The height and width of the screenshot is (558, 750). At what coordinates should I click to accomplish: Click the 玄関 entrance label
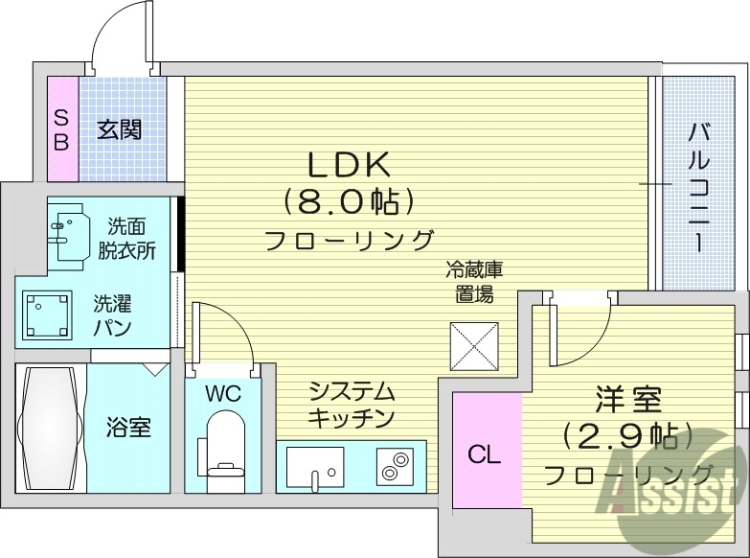click(119, 128)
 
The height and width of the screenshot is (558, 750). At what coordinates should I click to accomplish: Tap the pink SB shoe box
click(60, 129)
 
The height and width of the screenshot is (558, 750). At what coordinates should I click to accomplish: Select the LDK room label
click(348, 165)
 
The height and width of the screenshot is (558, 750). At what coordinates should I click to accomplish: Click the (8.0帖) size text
click(348, 201)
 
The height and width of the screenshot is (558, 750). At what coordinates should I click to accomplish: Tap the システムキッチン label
click(352, 405)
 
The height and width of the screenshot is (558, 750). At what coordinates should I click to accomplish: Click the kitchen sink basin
click(314, 466)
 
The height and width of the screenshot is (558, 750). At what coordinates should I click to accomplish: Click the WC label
click(224, 394)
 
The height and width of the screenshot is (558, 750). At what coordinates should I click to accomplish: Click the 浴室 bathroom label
click(127, 427)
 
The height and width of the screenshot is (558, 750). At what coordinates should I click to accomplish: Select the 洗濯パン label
click(113, 315)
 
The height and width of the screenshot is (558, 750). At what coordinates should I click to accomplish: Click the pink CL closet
click(485, 454)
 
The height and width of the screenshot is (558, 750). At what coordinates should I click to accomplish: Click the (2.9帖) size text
click(627, 437)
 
